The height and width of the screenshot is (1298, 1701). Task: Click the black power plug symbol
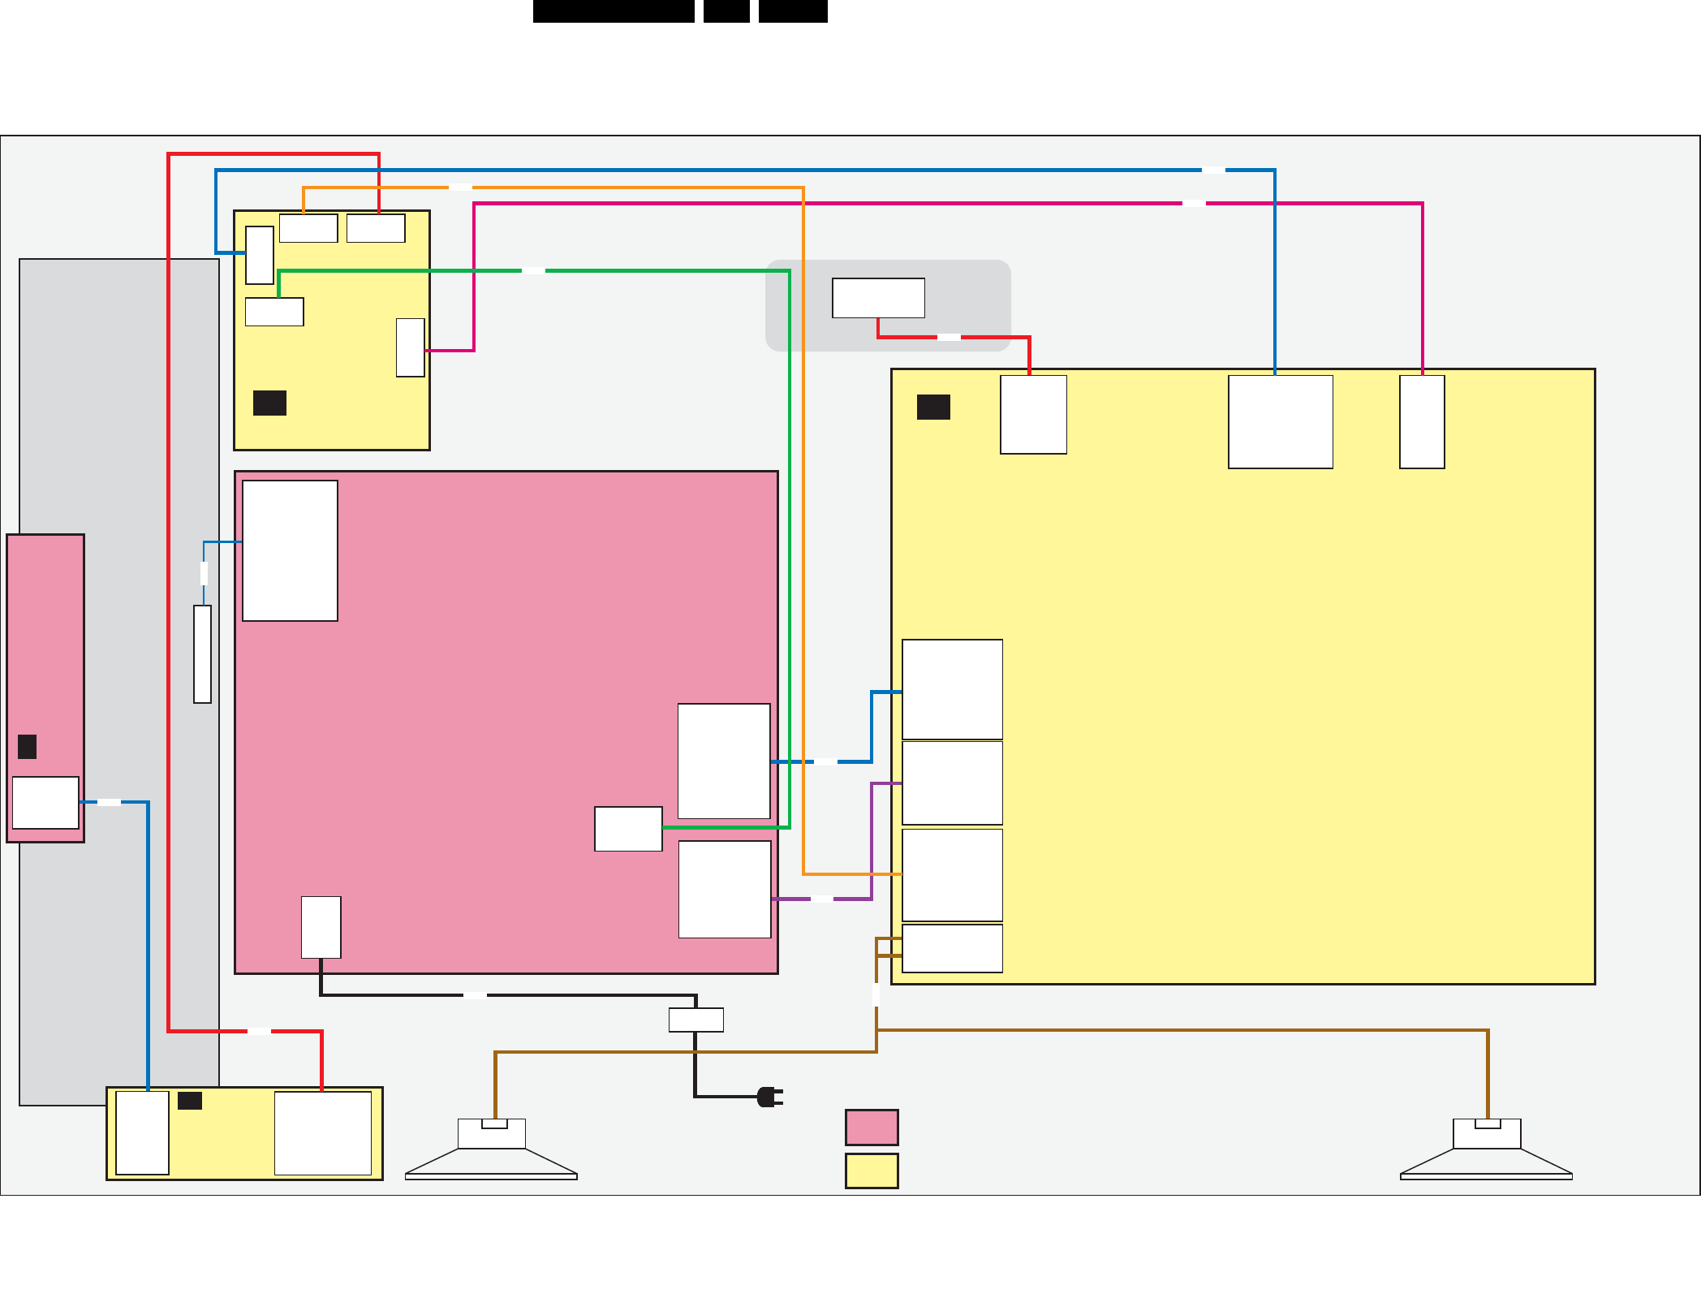(769, 1097)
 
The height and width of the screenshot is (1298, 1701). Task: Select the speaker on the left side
(492, 1149)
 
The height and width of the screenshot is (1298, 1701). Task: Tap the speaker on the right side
(1487, 1149)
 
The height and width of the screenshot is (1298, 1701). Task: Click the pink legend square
(872, 1127)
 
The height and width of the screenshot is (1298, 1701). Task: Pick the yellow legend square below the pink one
(872, 1171)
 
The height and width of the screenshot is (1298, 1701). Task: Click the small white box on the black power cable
(695, 1020)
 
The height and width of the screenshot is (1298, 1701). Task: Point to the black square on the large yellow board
(933, 407)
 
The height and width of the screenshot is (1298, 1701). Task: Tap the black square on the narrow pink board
(28, 746)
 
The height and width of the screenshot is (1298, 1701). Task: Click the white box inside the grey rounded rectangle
(878, 298)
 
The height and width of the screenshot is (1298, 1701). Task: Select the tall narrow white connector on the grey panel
(203, 653)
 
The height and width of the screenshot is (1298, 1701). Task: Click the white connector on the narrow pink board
(45, 802)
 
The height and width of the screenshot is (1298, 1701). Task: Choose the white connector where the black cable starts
(321, 927)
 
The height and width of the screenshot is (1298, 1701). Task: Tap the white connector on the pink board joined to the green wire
(628, 829)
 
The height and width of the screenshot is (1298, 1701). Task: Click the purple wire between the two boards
(872, 844)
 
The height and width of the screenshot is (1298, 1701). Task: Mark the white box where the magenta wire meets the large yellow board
(1422, 421)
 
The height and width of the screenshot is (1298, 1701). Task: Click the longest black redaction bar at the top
(614, 11)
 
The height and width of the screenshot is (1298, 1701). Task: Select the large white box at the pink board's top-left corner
(290, 550)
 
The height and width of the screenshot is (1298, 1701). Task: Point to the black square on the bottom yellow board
(190, 1101)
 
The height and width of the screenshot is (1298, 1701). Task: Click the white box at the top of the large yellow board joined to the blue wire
(1281, 421)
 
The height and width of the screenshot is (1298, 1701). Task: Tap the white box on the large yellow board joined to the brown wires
(952, 948)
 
